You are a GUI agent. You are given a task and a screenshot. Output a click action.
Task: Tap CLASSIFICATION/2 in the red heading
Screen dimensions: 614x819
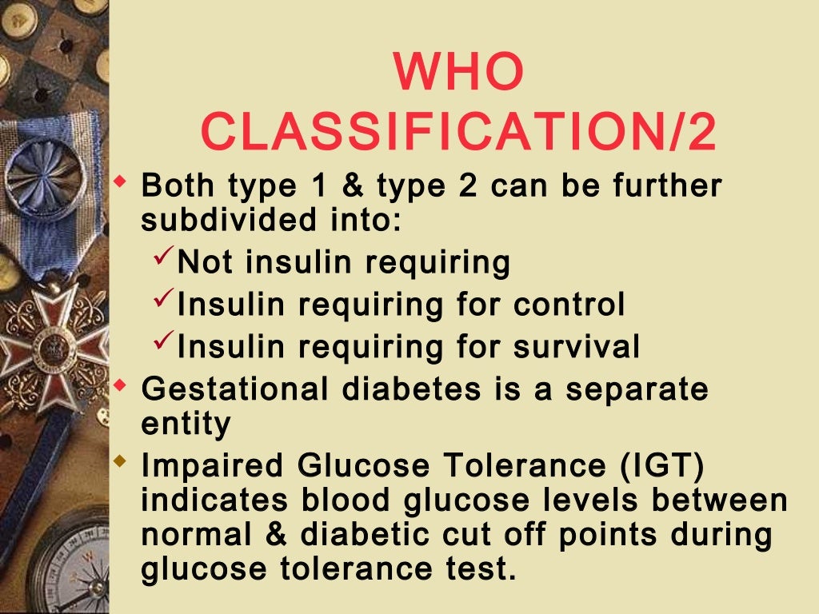[458, 133]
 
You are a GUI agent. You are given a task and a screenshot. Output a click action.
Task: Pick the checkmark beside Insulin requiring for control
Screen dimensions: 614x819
[162, 302]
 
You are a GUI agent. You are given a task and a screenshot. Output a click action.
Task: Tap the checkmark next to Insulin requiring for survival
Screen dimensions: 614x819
[162, 345]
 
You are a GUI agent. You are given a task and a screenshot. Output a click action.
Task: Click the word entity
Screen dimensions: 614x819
[186, 424]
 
